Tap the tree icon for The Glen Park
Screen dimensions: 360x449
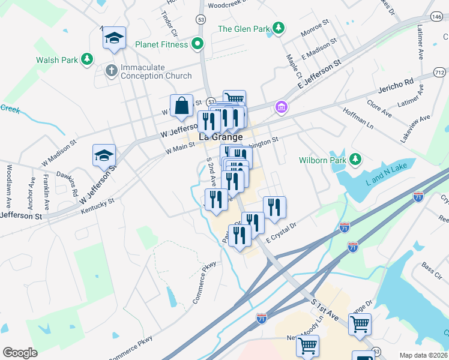tap(278, 28)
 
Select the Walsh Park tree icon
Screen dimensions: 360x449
tap(88, 59)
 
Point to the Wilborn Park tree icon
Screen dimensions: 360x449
tap(356, 160)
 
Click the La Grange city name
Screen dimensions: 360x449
tap(220, 136)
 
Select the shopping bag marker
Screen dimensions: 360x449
tap(181, 106)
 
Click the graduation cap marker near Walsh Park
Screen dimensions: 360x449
tap(113, 38)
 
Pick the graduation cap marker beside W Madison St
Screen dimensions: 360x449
tap(104, 155)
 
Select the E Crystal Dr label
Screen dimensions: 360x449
tap(282, 233)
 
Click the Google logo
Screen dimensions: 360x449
tap(20, 353)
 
